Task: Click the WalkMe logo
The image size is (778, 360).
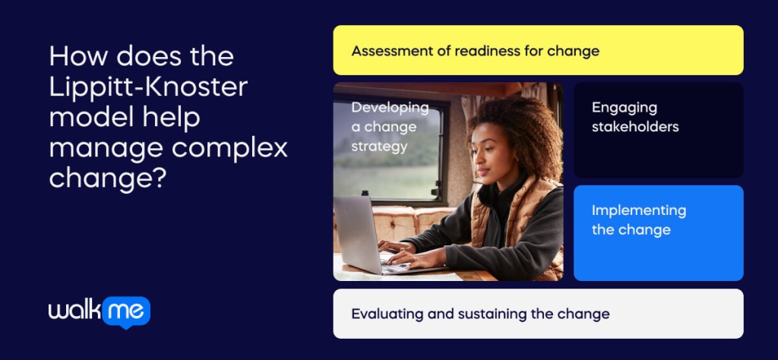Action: click(x=100, y=311)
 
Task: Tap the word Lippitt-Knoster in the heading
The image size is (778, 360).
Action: click(x=148, y=87)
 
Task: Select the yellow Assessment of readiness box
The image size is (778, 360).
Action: click(x=538, y=50)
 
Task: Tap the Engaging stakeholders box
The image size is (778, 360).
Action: click(x=658, y=130)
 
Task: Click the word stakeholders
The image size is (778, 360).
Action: click(x=635, y=127)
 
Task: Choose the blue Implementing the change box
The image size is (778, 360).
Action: click(x=658, y=232)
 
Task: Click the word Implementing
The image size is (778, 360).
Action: click(x=639, y=210)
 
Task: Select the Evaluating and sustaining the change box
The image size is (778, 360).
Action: click(x=538, y=313)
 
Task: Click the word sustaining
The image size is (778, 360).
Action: click(x=489, y=313)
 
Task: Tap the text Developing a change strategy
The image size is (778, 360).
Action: click(x=390, y=126)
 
